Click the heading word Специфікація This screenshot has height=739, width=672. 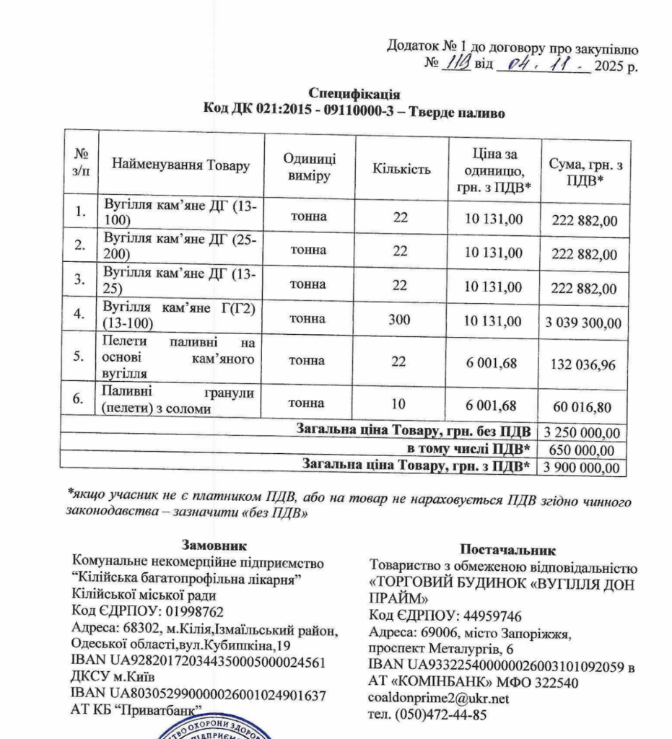(354, 94)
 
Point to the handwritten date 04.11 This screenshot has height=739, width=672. (534, 66)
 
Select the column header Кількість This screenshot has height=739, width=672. (401, 170)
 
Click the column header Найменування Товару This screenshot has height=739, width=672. (180, 165)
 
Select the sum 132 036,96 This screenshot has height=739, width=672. (582, 365)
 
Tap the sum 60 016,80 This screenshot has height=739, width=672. (582, 408)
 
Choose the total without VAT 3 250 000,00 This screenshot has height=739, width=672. (582, 433)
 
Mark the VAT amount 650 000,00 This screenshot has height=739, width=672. (582, 450)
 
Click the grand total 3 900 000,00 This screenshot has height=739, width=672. (582, 468)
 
